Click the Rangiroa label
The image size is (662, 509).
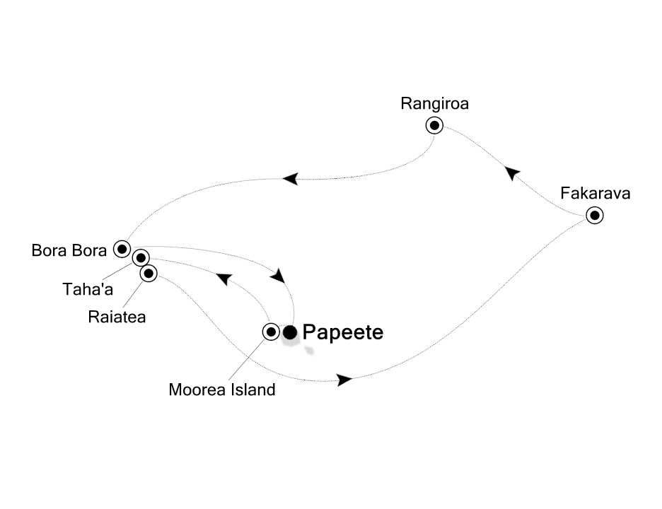(x=434, y=104)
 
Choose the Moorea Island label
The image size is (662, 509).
(x=221, y=390)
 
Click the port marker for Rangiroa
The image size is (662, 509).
(x=434, y=126)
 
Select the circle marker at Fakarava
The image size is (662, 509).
(x=595, y=216)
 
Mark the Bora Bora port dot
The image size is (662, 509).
(x=122, y=249)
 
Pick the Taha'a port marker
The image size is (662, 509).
(x=141, y=258)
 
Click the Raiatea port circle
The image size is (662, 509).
(x=148, y=273)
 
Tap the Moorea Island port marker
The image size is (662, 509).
(x=271, y=332)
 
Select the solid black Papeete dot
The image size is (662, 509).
(x=290, y=332)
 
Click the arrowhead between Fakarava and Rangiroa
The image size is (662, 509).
(x=512, y=172)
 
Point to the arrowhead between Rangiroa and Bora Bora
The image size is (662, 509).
(x=289, y=180)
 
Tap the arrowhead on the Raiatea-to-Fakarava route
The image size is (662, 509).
(x=344, y=380)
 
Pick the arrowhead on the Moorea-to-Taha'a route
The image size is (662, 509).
(x=223, y=279)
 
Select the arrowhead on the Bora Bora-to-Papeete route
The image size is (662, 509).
(x=280, y=274)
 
